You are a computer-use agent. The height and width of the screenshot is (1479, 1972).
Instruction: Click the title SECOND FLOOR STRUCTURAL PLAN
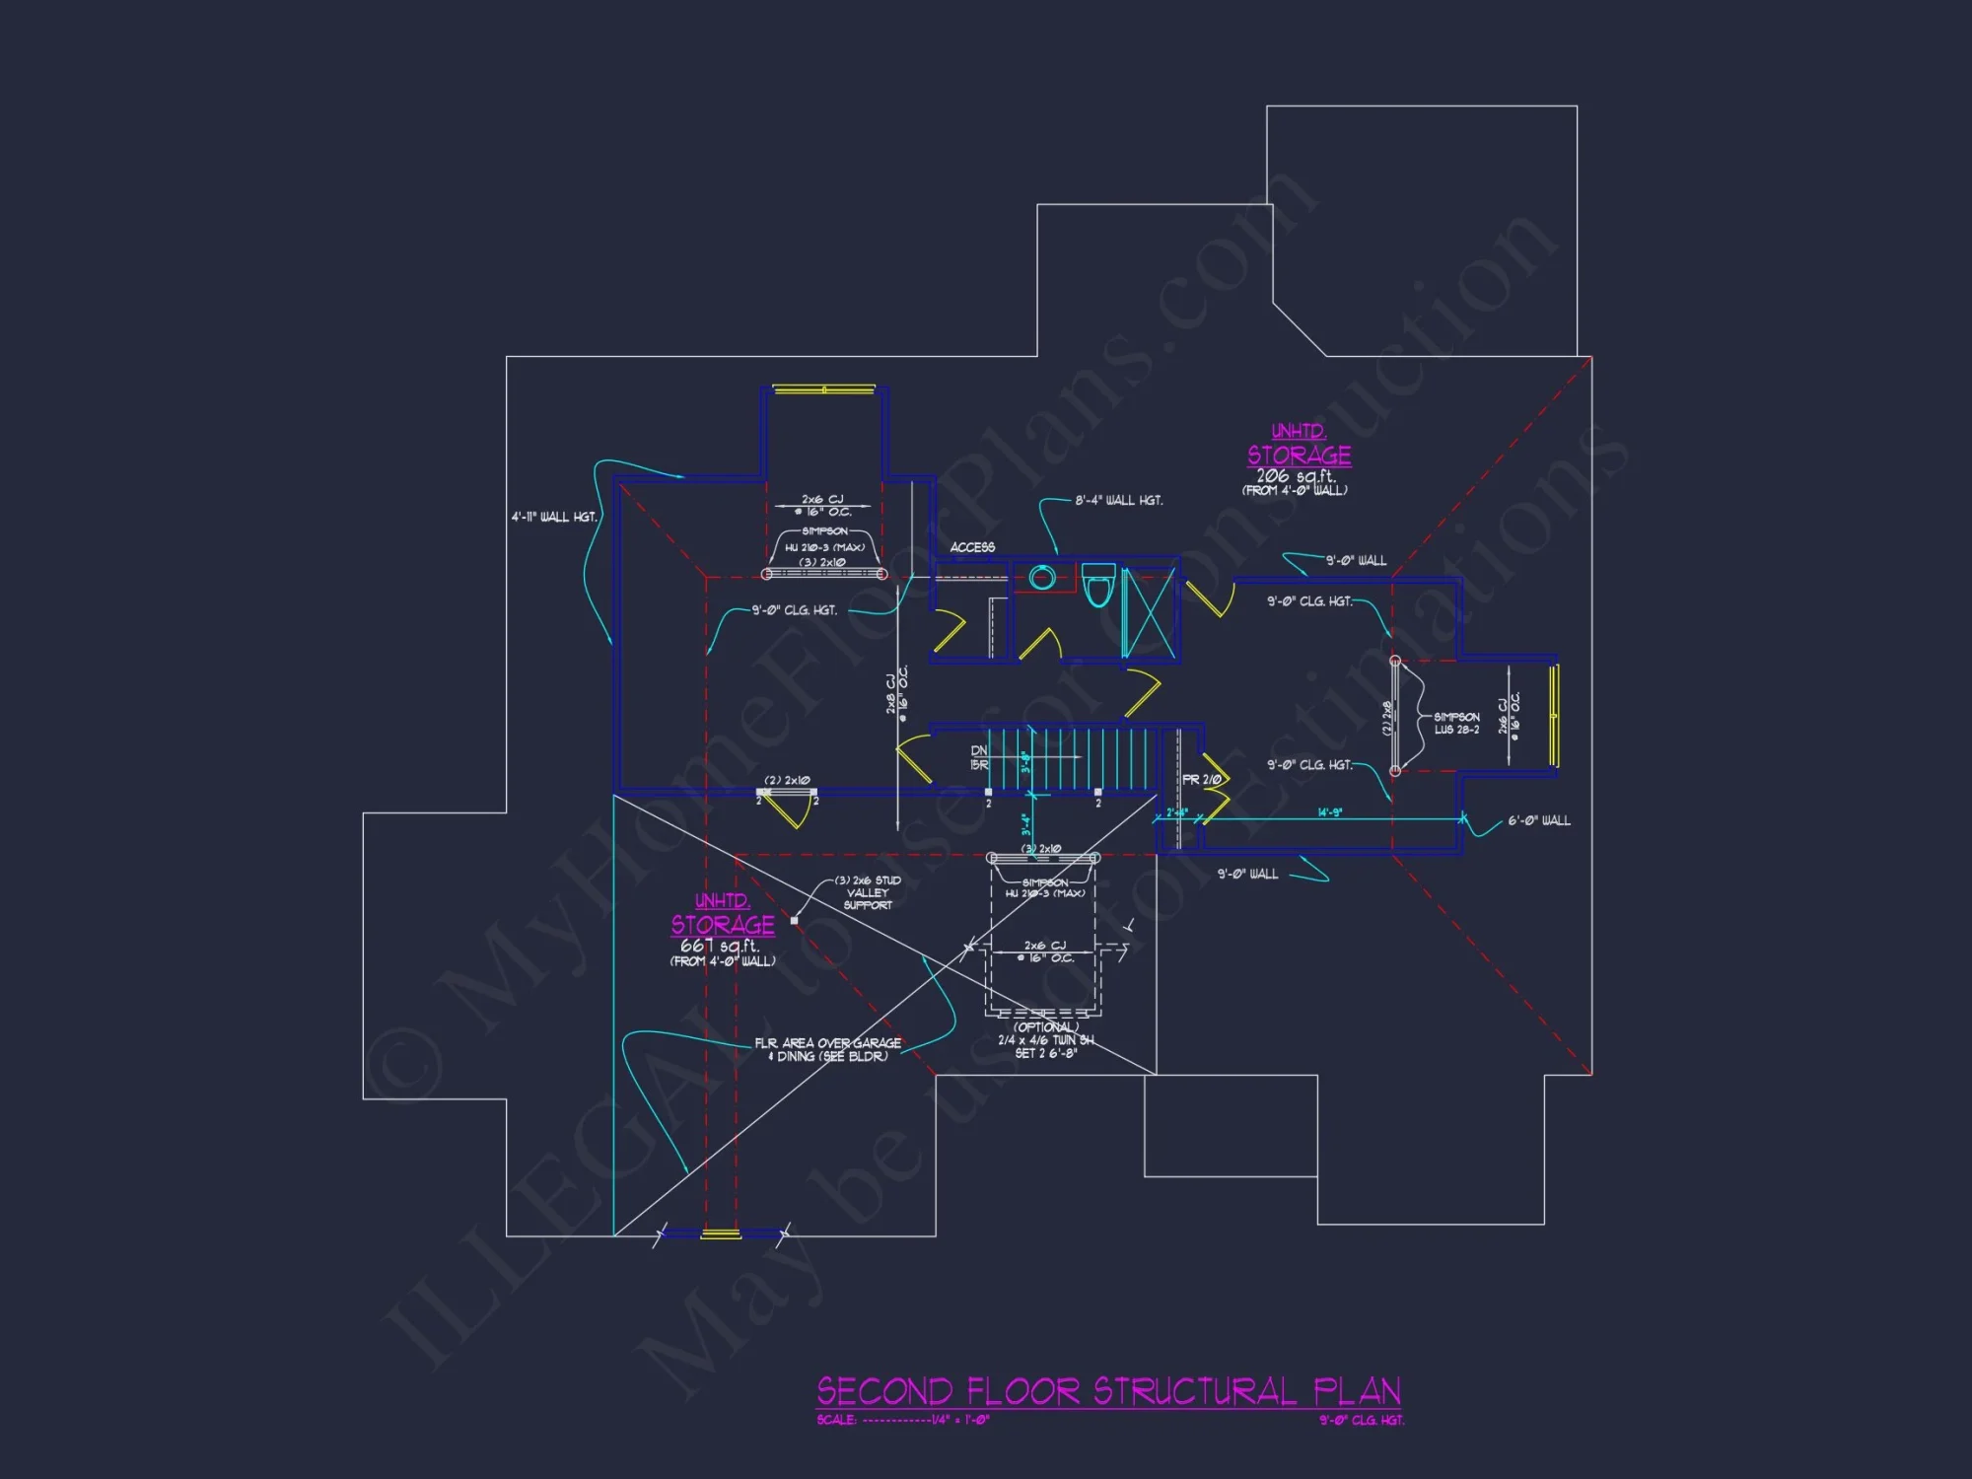(x=1108, y=1391)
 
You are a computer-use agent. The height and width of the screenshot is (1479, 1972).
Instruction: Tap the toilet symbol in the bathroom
(x=1097, y=587)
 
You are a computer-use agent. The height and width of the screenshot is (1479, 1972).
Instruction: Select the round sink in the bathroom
(x=1042, y=578)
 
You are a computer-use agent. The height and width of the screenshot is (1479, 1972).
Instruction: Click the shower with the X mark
(x=1149, y=612)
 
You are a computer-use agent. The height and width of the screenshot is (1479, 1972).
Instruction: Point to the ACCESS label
(x=972, y=547)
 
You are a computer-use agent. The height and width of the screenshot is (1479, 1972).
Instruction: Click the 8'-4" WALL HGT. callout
(x=1118, y=501)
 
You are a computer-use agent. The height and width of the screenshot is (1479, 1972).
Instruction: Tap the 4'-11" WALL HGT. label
(x=554, y=517)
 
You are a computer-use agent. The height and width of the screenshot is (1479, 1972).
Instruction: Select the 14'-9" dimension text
(x=1329, y=813)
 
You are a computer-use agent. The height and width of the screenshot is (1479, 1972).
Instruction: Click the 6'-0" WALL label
(x=1538, y=821)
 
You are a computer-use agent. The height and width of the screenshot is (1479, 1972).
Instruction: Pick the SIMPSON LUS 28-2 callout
(x=1456, y=724)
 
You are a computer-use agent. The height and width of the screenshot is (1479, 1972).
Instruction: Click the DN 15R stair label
(x=979, y=758)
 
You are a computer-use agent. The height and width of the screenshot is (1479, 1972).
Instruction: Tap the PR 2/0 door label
(x=1201, y=780)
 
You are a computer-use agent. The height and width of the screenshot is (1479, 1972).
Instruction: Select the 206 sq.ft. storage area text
(x=1296, y=476)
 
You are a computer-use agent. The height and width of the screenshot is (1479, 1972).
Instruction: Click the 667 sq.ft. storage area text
(x=720, y=946)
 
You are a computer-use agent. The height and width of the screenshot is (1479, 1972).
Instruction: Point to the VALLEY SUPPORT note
(x=868, y=893)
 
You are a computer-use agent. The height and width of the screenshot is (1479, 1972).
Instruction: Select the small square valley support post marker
(x=795, y=921)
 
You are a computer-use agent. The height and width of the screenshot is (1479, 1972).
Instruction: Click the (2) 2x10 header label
(x=787, y=781)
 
